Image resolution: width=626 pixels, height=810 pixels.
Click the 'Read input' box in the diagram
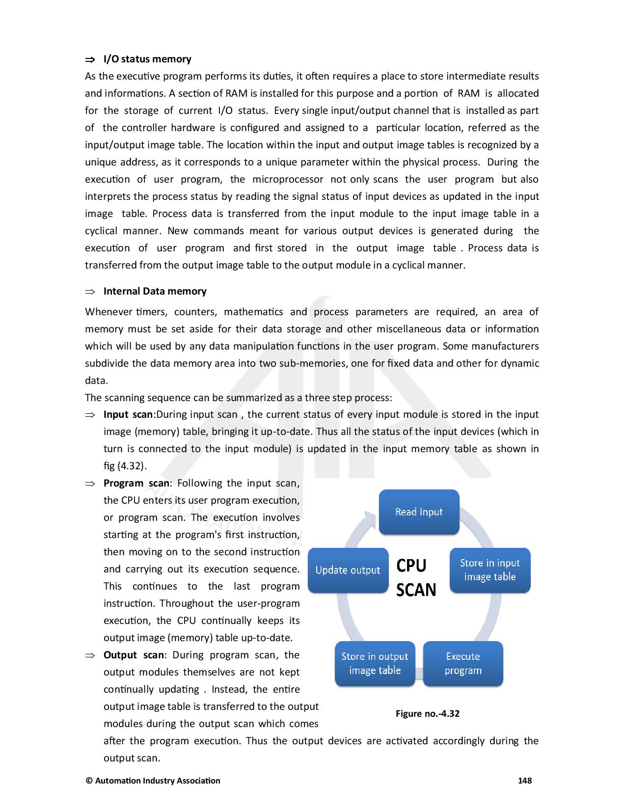click(x=419, y=512)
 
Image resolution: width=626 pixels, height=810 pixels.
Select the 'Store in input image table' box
click(x=490, y=570)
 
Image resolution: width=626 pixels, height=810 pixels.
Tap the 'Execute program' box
click(x=463, y=663)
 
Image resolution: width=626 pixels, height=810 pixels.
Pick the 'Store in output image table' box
click(x=375, y=663)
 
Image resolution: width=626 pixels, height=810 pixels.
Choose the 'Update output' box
click(x=348, y=570)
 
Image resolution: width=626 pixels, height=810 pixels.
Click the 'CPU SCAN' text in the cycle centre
click(x=416, y=577)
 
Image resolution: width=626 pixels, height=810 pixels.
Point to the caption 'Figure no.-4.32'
click(x=427, y=713)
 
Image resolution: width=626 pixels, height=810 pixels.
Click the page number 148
click(x=525, y=781)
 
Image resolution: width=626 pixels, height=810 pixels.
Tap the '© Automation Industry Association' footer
click(x=153, y=781)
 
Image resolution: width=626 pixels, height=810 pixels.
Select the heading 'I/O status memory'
click(x=147, y=59)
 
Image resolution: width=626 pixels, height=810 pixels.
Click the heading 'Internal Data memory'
click(x=155, y=291)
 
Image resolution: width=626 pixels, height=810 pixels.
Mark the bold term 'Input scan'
click(x=128, y=414)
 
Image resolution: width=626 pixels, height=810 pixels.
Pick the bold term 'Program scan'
click(x=136, y=483)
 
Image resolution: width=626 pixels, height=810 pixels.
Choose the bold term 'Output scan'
click(x=134, y=655)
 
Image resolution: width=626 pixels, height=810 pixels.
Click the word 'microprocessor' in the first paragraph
click(x=288, y=179)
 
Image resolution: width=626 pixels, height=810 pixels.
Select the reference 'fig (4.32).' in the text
click(x=125, y=466)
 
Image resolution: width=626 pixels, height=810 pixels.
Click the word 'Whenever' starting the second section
click(x=109, y=312)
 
